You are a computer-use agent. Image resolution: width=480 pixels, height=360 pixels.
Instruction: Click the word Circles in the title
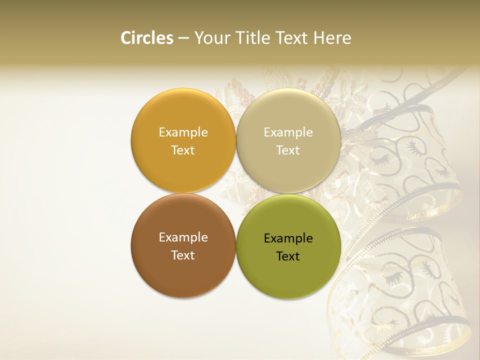tap(147, 38)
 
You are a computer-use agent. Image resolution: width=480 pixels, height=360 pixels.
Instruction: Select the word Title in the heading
tap(253, 38)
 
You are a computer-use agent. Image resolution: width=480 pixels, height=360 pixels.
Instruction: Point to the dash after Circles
tap(183, 38)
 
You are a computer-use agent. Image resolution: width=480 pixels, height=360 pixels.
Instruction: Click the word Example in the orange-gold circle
tap(183, 132)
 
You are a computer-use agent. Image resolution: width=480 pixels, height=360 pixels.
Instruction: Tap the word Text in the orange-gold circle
tap(183, 150)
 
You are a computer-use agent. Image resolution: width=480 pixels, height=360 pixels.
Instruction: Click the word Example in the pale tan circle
tap(288, 132)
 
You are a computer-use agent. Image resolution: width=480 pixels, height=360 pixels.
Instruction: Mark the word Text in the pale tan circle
tap(288, 150)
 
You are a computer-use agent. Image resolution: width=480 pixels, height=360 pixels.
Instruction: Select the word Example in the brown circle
tap(183, 237)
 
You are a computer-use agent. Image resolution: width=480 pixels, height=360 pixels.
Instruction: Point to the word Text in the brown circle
tap(183, 255)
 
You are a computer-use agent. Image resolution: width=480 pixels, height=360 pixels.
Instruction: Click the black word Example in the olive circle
tap(288, 238)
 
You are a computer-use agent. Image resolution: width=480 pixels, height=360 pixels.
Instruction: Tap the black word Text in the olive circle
tap(288, 256)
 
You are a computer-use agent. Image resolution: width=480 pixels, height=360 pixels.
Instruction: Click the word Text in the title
tap(291, 38)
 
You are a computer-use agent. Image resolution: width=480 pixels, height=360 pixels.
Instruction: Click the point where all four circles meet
tap(236, 193)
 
